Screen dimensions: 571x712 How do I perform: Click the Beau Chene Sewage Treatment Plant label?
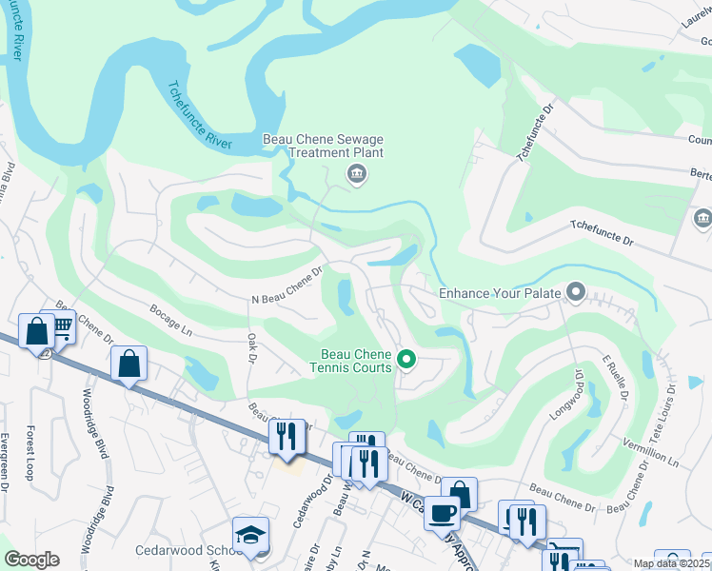tap(323, 146)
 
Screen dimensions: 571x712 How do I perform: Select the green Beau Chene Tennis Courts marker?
tap(406, 359)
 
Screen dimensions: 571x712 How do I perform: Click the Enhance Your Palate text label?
tap(499, 294)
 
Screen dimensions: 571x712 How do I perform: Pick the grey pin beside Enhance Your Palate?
tap(575, 290)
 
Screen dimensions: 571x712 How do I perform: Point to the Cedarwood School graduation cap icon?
tap(250, 535)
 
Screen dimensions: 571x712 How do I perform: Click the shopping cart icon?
tap(62, 326)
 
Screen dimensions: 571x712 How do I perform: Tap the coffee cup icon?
tap(441, 513)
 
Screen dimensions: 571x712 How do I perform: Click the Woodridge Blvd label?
tap(98, 418)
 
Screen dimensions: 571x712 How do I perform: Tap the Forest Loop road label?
tap(31, 451)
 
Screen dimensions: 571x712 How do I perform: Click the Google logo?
tap(31, 560)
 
